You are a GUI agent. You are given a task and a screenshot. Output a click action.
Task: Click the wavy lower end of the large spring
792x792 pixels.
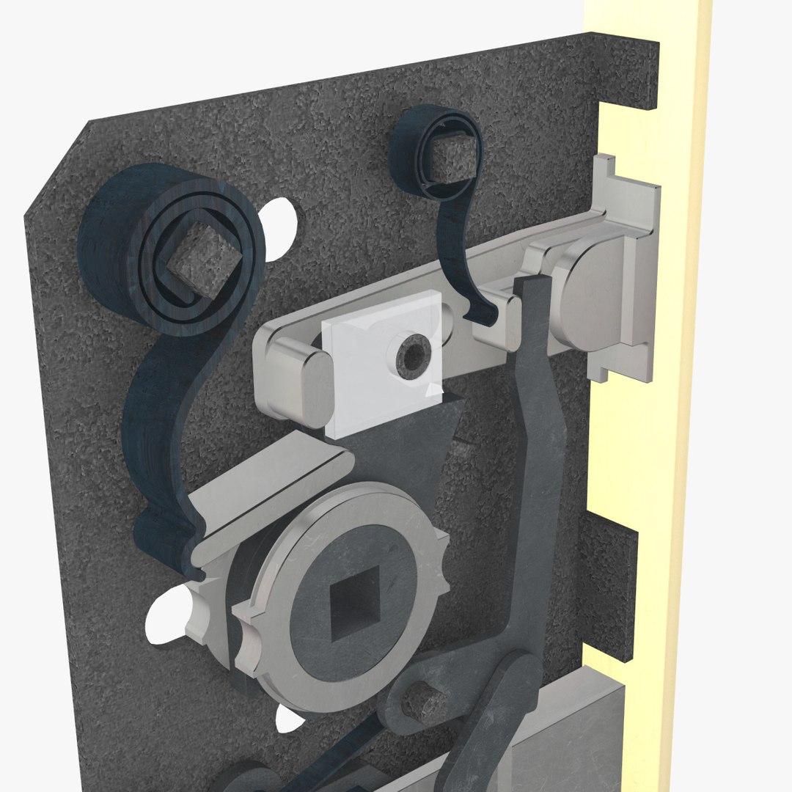click(x=165, y=528)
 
